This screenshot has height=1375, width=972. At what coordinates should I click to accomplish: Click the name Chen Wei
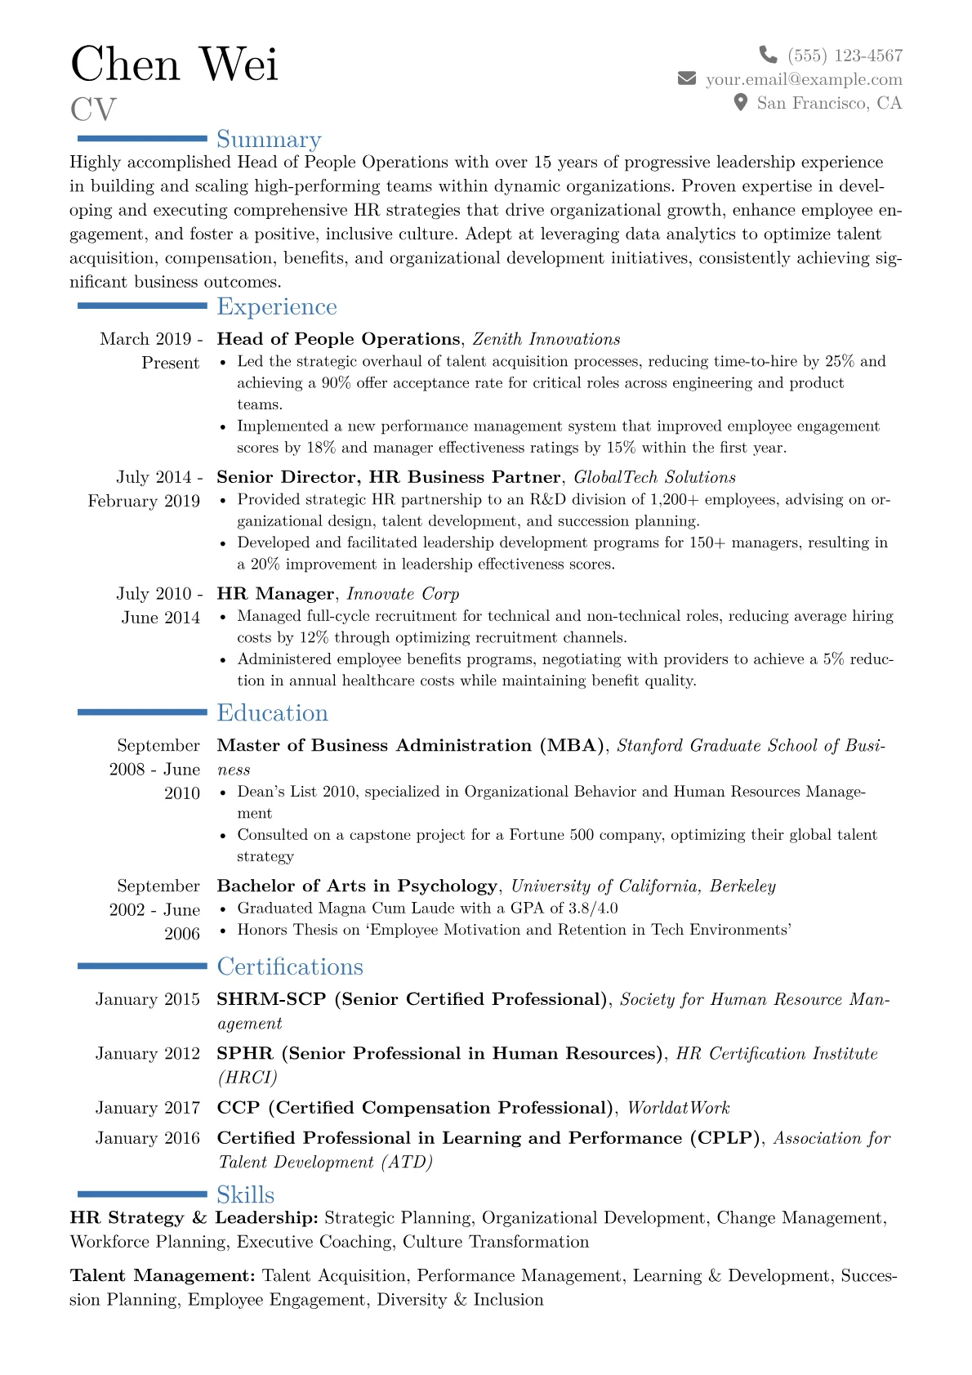[174, 65]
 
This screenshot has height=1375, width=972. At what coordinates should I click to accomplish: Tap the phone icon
[768, 55]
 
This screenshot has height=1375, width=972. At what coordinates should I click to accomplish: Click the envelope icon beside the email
[687, 78]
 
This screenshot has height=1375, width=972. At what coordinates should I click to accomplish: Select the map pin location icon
[740, 102]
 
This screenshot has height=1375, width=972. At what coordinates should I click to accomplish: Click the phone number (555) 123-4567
[845, 56]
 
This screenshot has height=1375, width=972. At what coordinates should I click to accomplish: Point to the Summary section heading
[269, 140]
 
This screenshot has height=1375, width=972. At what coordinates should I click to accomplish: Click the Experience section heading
[276, 306]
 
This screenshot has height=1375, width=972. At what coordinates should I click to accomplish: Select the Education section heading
[272, 712]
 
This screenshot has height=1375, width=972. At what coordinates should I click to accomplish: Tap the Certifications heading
[289, 967]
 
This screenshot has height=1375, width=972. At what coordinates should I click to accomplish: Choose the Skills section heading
[245, 1194]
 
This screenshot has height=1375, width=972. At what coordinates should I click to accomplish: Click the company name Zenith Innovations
[546, 339]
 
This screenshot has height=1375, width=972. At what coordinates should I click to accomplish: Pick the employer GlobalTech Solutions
[654, 477]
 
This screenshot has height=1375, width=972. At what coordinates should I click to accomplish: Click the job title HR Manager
[275, 594]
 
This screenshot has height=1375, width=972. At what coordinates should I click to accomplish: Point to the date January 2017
[147, 1108]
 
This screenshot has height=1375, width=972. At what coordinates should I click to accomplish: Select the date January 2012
[147, 1054]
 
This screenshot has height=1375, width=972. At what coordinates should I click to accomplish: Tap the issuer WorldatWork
[678, 1108]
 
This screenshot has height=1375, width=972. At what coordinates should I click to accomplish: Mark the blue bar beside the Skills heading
[142, 1194]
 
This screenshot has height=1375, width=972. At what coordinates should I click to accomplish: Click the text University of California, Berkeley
[643, 886]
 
